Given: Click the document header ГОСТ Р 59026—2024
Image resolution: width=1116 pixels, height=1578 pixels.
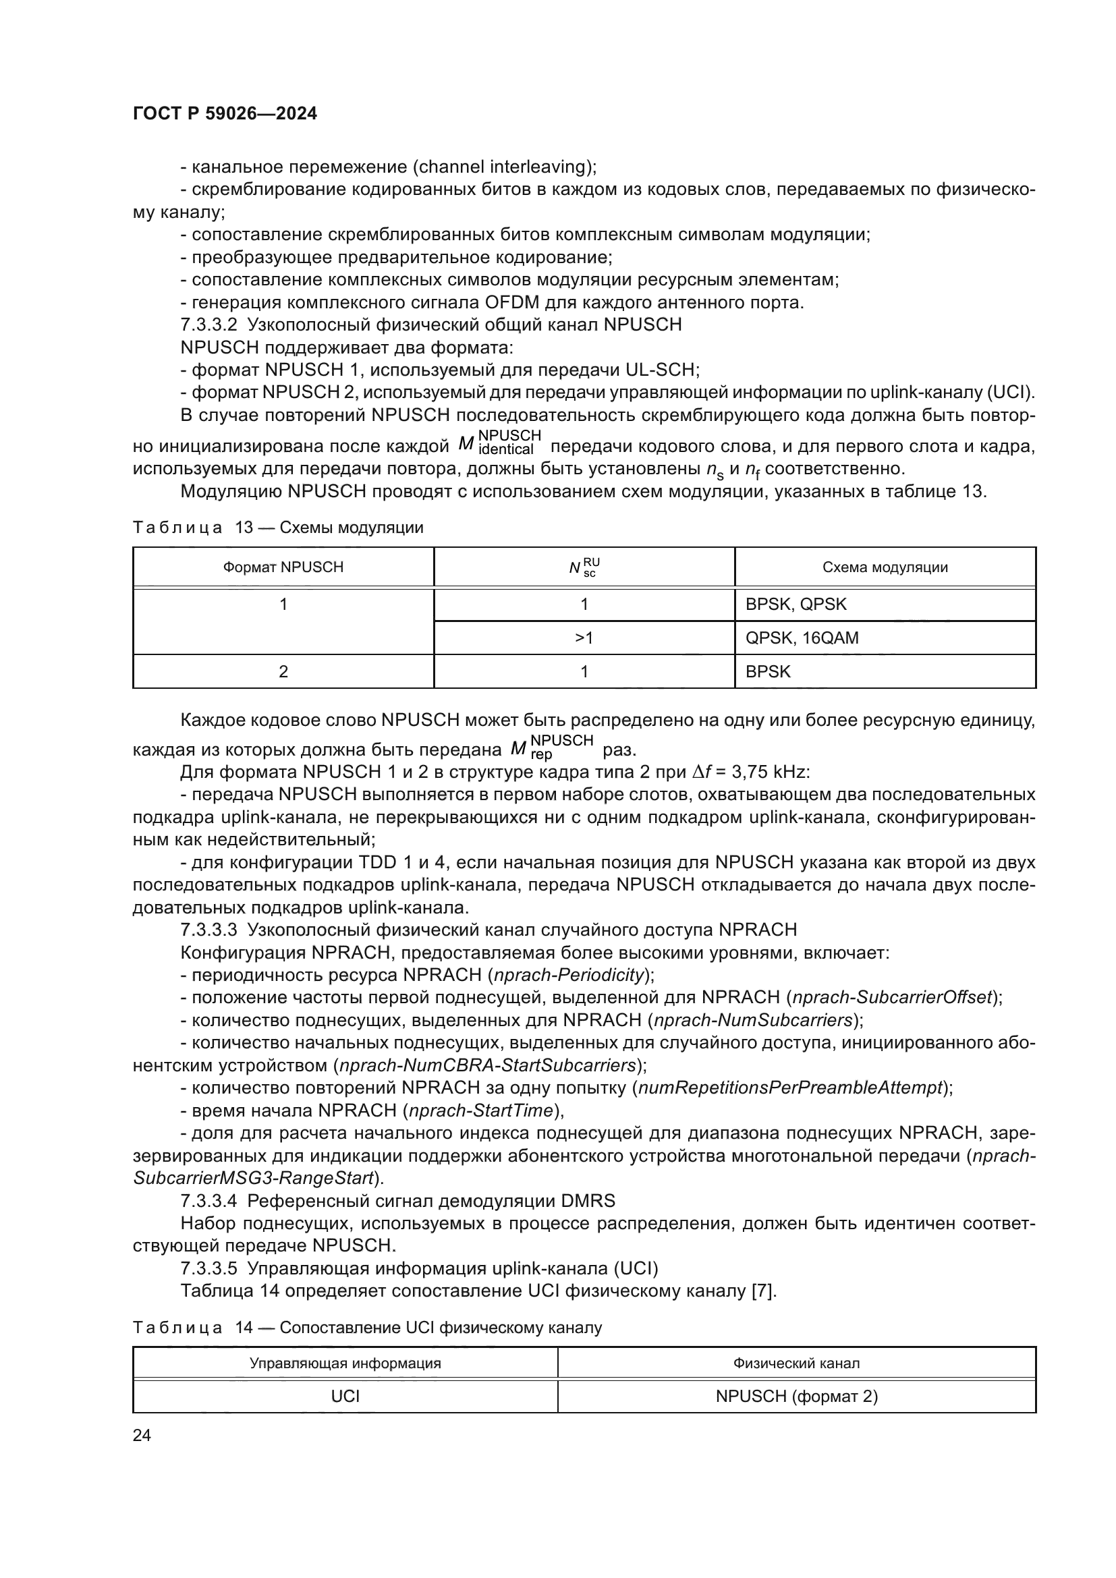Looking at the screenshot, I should (x=225, y=114).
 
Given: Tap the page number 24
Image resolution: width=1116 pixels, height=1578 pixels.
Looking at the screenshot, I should (x=142, y=1435).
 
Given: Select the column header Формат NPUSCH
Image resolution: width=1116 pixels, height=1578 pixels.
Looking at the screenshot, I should (x=283, y=567).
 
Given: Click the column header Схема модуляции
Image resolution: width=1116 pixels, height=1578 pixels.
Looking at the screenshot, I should (x=885, y=567).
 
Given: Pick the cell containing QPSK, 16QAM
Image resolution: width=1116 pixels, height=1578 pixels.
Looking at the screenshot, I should (x=802, y=638).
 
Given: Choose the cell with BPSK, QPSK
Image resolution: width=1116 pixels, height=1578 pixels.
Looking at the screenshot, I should (x=796, y=604).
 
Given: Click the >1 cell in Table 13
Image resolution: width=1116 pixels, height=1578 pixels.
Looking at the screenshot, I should (x=584, y=638).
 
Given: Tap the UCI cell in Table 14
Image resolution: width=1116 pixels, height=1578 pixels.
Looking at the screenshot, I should (x=345, y=1396).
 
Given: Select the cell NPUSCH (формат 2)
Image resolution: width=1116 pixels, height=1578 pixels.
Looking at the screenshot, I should (x=796, y=1396).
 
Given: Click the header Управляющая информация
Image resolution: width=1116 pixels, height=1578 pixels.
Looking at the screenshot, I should (x=345, y=1363).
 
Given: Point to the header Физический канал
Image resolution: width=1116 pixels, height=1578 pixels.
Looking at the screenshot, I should (x=796, y=1363).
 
